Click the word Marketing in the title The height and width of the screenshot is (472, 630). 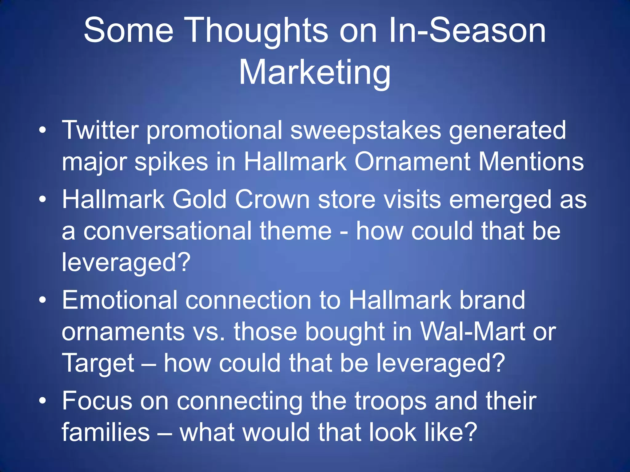pyautogui.click(x=315, y=73)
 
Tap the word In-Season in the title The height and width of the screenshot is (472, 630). pyautogui.click(x=467, y=31)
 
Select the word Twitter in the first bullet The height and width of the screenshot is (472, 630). pyautogui.click(x=100, y=130)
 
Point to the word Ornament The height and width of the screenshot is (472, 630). pyautogui.click(x=412, y=162)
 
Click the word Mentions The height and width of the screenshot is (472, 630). pyautogui.click(x=531, y=162)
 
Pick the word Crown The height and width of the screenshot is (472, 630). pyautogui.click(x=272, y=200)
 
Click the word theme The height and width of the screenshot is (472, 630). pyautogui.click(x=296, y=231)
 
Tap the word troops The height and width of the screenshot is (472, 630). pyautogui.click(x=391, y=401)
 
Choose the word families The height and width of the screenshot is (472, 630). pyautogui.click(x=106, y=432)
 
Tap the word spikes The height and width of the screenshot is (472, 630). pyautogui.click(x=171, y=163)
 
